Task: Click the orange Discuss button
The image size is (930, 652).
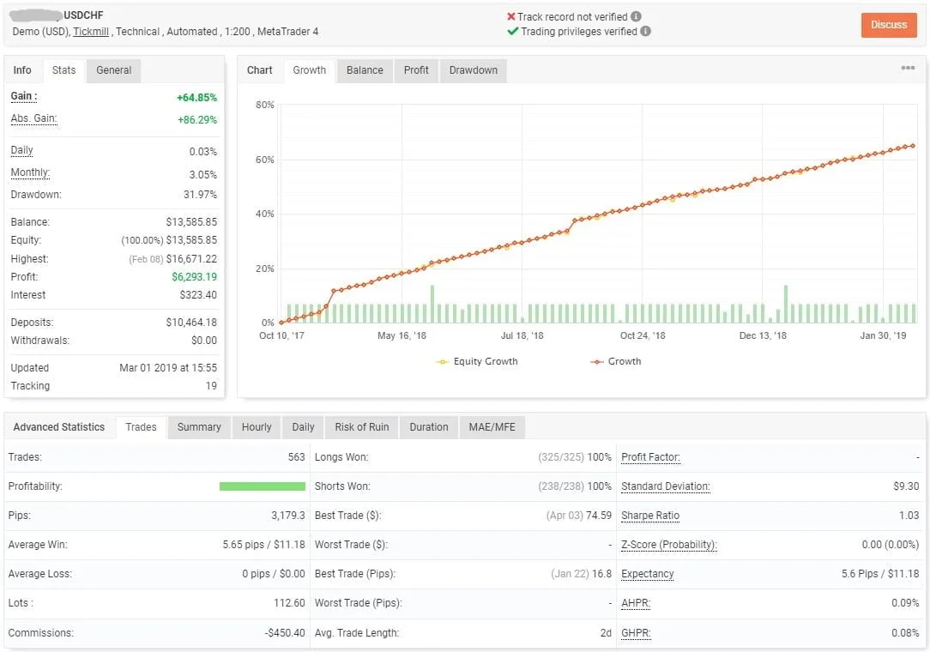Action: (889, 25)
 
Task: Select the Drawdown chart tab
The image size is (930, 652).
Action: (473, 70)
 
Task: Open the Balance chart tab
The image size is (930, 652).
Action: (365, 70)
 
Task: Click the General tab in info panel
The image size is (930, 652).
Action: (113, 70)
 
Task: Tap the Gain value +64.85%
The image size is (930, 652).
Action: (196, 98)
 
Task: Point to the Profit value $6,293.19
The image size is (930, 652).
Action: (194, 277)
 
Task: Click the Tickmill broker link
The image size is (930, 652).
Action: (90, 32)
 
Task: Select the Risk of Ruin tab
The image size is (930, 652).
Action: (361, 427)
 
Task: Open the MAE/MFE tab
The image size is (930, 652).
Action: (492, 427)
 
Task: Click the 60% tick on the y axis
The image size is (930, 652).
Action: (264, 160)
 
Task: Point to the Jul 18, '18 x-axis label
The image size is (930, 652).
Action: (522, 335)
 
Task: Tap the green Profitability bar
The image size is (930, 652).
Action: (262, 486)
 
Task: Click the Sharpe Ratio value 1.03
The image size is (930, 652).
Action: (906, 516)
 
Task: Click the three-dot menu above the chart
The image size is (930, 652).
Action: (908, 69)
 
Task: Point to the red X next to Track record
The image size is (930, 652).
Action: (511, 16)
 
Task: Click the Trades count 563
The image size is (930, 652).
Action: (296, 457)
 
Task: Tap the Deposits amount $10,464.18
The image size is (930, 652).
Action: (191, 323)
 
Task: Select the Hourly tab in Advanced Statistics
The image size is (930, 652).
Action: (257, 427)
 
